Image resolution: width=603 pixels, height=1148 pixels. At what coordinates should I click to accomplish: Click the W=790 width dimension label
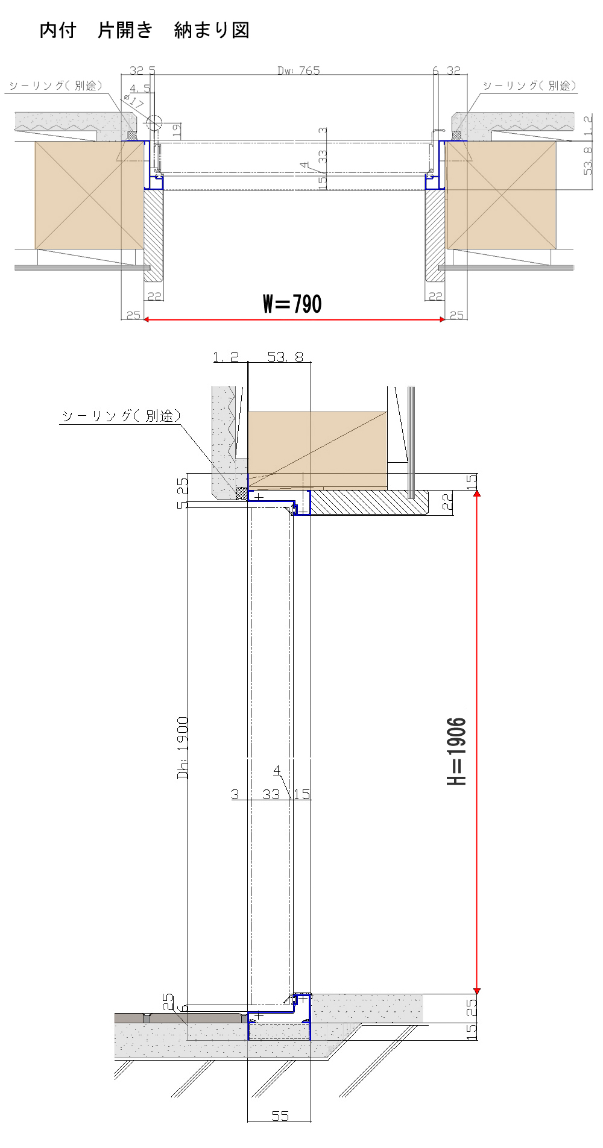292,304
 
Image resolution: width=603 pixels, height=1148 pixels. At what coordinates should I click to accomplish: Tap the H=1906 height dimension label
457,751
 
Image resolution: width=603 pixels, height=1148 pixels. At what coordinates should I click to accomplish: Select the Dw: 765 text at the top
298,71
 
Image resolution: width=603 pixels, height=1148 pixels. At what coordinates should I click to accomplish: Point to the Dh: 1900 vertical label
183,747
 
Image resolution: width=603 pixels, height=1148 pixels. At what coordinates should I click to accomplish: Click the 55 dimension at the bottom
280,1115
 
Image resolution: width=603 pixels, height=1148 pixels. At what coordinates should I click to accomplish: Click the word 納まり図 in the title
212,30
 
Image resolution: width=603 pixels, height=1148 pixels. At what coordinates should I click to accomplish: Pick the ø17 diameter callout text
134,101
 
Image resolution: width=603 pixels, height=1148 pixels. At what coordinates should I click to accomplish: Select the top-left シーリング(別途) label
55,86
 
